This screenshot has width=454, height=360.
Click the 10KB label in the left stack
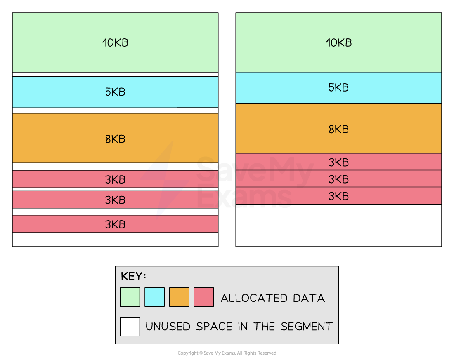115,43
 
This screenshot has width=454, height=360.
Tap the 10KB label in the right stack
338,43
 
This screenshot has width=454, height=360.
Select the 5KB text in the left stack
115,92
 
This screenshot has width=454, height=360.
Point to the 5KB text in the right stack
338,88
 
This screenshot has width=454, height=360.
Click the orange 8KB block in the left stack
115,138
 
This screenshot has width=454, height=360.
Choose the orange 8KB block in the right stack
338,129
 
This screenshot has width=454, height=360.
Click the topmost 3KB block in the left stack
115,179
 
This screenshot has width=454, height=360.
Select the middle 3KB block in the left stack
115,200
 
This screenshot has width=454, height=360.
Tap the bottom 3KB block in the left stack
115,224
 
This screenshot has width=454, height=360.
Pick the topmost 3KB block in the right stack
338,162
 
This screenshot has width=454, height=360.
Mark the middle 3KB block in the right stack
338,179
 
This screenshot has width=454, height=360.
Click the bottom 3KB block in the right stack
338,196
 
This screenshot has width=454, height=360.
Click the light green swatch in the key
130,297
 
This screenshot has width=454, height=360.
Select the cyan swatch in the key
154,297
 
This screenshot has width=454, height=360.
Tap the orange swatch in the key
179,297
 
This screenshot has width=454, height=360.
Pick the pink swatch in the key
204,297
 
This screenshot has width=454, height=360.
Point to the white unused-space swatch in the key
130,327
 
